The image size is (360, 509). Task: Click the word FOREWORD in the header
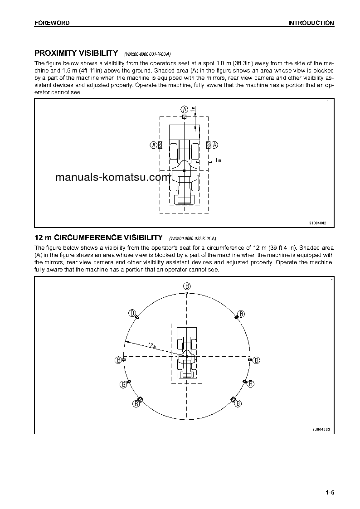(52, 23)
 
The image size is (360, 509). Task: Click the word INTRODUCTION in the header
(311, 23)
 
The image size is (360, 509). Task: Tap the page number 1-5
(329, 493)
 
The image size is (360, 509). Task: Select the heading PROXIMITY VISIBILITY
(76, 53)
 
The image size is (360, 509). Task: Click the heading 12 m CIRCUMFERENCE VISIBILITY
(98, 238)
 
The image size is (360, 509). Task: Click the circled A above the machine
(184, 109)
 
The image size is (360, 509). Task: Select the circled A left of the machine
(154, 145)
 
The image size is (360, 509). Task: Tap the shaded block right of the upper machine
(208, 145)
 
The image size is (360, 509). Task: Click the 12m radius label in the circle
(151, 346)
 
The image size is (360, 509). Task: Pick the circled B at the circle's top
(187, 286)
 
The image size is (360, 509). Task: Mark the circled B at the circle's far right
(256, 360)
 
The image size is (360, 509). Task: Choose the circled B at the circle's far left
(118, 360)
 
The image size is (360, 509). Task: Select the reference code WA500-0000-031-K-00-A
(147, 54)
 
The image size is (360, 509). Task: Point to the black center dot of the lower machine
(186, 357)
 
